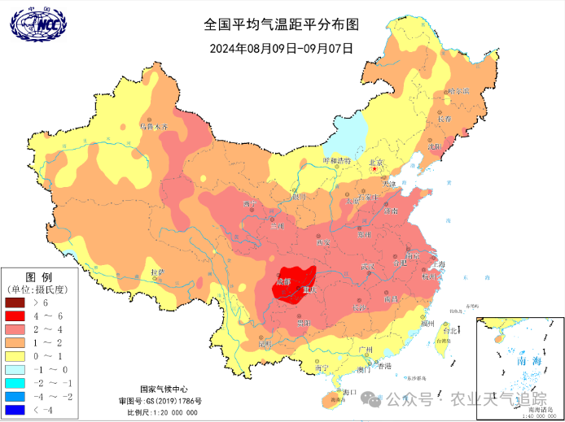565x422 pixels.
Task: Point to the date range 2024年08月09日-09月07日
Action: tap(282, 47)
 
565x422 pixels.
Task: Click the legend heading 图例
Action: tap(39, 277)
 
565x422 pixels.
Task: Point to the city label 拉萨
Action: tap(158, 271)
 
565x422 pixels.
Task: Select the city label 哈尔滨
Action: tap(458, 91)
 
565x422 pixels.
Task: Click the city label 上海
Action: tap(438, 264)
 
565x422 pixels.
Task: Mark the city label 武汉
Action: tap(368, 268)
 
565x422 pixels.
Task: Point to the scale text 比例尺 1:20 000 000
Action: tap(164, 412)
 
